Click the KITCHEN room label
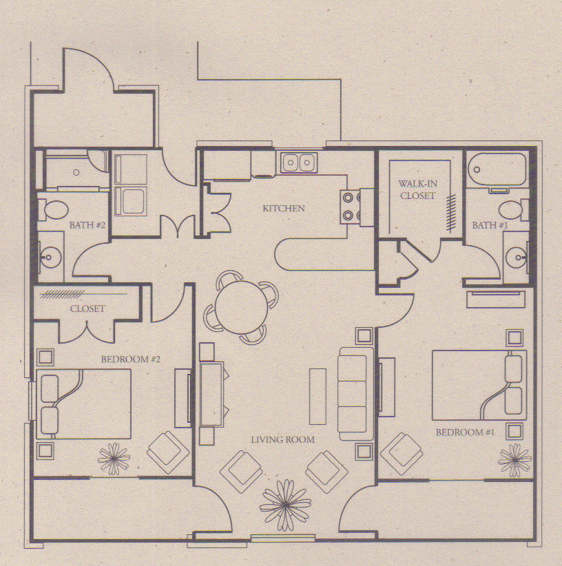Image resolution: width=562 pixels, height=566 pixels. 282,208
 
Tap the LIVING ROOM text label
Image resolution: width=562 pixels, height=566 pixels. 282,439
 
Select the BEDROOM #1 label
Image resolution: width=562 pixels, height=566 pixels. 465,432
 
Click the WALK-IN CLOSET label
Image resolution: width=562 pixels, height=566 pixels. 417,190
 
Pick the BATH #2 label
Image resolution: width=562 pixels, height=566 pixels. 87,225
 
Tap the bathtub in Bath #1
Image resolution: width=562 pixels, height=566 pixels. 496,169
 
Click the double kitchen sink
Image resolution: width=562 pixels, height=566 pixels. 299,163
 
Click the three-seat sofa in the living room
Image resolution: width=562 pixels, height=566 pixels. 356,393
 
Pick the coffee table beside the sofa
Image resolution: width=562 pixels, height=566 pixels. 318,396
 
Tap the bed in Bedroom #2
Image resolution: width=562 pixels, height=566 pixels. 83,403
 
